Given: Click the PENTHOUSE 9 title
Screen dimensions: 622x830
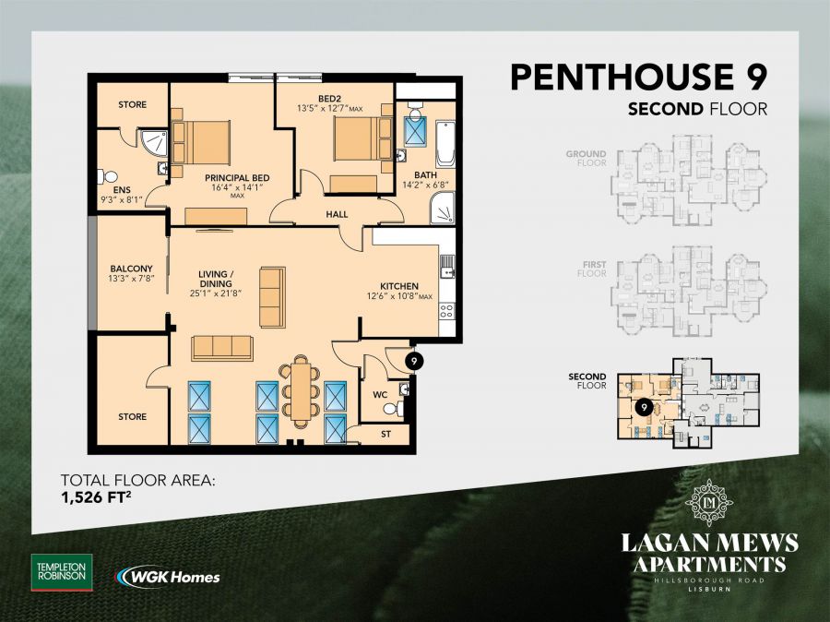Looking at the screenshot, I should (639, 77).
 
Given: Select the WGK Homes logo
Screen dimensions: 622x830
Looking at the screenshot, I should (168, 577).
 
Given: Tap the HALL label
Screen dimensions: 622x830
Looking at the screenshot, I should (337, 214).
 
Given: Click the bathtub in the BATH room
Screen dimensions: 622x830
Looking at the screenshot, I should (445, 143).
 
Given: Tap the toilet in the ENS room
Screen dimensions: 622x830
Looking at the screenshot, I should (109, 175).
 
